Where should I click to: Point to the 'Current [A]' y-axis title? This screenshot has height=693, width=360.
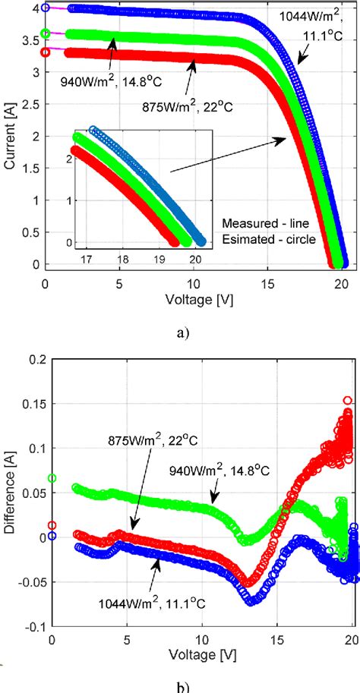coord(11,138)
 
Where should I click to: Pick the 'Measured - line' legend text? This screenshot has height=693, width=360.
coord(267,224)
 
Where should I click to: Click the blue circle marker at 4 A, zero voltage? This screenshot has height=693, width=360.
coord(46,8)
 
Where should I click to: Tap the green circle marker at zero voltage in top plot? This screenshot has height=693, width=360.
coord(46,33)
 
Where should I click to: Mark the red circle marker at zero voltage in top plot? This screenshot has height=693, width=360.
coord(46,52)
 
